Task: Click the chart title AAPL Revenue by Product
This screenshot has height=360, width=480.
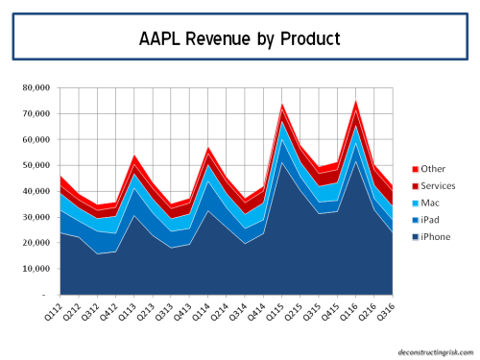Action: (x=239, y=40)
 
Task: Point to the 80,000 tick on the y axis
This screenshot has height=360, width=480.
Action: (x=38, y=87)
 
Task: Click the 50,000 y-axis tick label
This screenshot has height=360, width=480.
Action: (x=38, y=165)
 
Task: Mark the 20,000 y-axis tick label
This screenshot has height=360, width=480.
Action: (x=38, y=243)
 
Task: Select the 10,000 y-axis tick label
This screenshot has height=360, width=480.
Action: (x=38, y=269)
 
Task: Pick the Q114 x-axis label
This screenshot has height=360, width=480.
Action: (x=209, y=312)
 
